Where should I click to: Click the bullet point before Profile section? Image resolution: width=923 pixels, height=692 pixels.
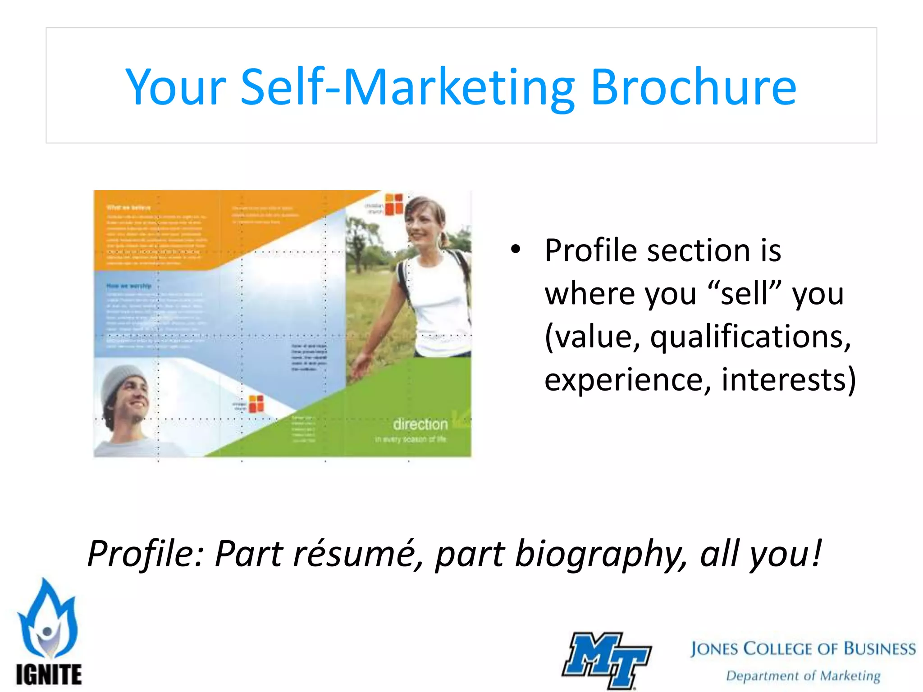pos(515,249)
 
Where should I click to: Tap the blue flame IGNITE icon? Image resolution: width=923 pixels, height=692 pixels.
pos(47,619)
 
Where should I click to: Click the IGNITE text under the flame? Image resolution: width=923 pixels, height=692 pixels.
pos(49,674)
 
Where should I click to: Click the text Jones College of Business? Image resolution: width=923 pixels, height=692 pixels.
pos(803,649)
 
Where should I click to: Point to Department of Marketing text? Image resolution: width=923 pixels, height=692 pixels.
pos(803,676)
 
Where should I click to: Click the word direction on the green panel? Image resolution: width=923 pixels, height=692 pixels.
pos(420,424)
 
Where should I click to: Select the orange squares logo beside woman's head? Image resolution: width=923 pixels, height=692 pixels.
pos(394,204)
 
